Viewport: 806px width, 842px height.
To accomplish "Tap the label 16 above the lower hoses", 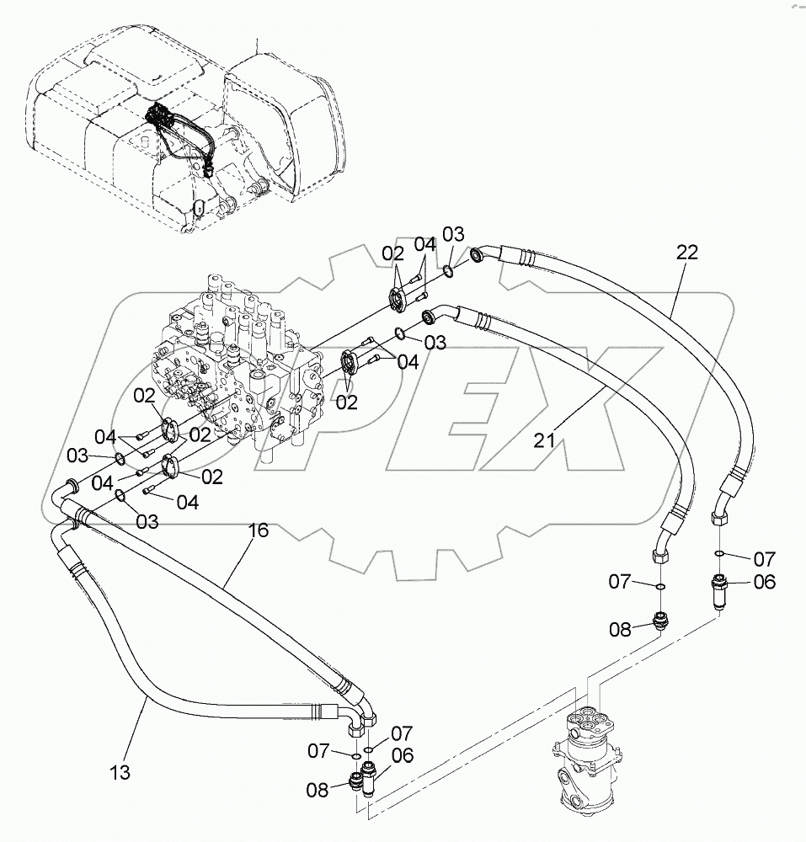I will pos(259,530).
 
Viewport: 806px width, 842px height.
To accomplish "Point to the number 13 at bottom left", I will pos(120,771).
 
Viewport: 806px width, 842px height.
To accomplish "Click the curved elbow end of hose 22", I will pos(483,253).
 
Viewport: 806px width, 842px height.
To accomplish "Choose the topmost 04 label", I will pos(424,245).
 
